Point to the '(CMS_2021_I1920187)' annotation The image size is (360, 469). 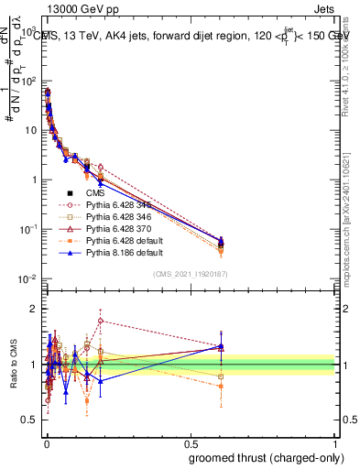click(x=191, y=274)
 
